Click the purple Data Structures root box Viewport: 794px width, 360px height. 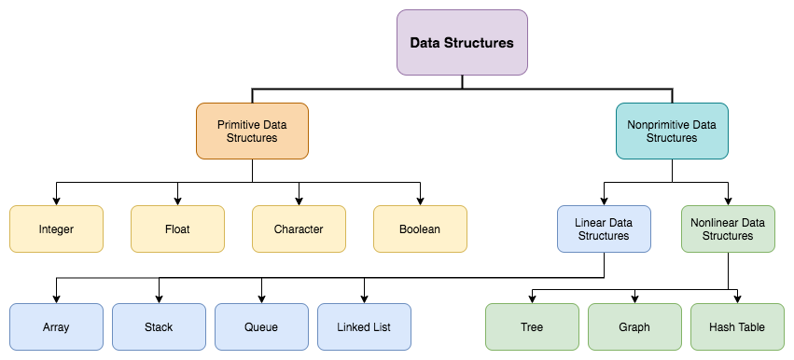[x=462, y=42]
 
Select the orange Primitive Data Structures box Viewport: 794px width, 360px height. [x=252, y=131]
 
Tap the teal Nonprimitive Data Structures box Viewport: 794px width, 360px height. [x=672, y=131]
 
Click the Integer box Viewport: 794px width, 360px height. [x=56, y=228]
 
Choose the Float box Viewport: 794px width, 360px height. [x=177, y=228]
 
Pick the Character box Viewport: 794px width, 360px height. [x=299, y=228]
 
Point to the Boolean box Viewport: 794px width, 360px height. [x=420, y=228]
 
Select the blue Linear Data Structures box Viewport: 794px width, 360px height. [x=604, y=229]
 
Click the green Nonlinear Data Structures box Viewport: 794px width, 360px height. [x=728, y=229]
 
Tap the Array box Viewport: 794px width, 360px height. [x=56, y=327]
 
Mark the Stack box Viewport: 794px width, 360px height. [x=159, y=327]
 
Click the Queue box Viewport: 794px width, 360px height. [x=261, y=327]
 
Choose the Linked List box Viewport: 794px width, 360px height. [x=364, y=327]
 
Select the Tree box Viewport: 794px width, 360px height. [x=532, y=327]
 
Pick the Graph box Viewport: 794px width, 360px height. [x=634, y=327]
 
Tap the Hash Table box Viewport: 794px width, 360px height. [x=737, y=327]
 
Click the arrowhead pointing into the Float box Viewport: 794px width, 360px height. [x=177, y=201]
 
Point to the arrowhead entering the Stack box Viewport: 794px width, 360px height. [x=159, y=298]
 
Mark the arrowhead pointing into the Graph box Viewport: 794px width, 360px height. [x=634, y=298]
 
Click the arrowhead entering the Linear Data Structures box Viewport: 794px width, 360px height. [x=604, y=201]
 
